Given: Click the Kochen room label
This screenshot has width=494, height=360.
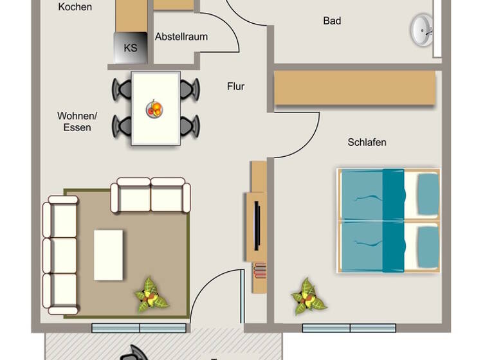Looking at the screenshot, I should point(75,8).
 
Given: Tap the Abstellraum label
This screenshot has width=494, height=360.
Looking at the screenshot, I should point(181,37).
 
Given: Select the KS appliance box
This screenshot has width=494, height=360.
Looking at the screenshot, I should point(130,48).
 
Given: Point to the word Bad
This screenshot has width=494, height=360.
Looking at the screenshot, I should point(332,21).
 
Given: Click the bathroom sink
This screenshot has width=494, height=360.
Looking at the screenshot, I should point(422,30).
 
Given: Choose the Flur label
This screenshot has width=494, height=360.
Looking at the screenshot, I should point(235,86).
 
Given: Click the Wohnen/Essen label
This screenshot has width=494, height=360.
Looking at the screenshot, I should point(77,122).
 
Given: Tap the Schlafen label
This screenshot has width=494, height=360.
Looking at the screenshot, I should point(367,142).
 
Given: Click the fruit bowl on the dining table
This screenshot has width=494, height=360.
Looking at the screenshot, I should point(154,109).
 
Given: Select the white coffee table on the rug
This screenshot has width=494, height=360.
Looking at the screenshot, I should point(108,255).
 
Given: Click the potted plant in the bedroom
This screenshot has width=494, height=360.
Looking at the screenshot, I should point(307,296).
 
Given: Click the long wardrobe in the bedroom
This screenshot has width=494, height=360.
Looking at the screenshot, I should point(355,88).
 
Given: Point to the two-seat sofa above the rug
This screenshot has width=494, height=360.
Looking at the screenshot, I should point(151,195).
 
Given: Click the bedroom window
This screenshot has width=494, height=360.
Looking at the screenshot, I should point(349,328).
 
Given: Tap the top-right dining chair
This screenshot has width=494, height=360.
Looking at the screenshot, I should point(189,89).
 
